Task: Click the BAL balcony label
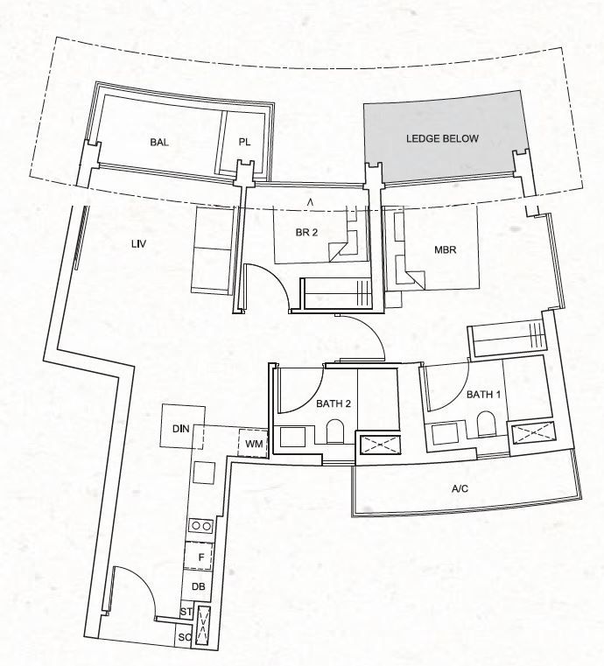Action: coord(158,142)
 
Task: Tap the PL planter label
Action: coord(244,142)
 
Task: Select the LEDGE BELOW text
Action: coord(442,138)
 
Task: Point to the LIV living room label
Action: coord(139,244)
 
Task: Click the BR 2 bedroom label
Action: coord(306,232)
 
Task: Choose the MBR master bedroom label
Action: coord(446,249)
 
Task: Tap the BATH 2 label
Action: coord(334,403)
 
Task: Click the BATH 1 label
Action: coord(483,395)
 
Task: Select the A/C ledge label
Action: coord(460,489)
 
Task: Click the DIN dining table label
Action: coord(181,429)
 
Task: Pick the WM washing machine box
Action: coord(253,444)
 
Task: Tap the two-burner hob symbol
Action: coord(201,526)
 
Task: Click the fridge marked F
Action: coord(198,557)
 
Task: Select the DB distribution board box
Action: coord(197,586)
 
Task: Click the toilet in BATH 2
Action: coord(334,432)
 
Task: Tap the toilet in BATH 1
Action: coord(485,424)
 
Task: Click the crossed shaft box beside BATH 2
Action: coord(378,445)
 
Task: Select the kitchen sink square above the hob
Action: coord(204,473)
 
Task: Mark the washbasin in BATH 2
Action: coord(292,437)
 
